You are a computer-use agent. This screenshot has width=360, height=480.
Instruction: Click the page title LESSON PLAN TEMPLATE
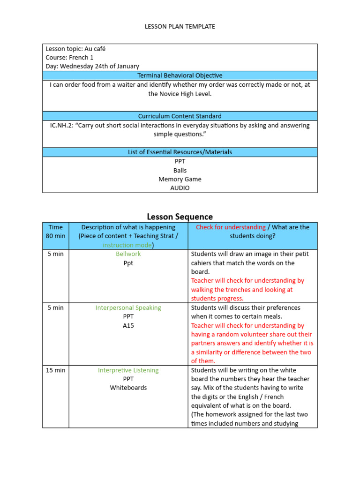pos(180,27)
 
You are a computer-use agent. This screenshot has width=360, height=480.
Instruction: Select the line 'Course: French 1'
pos(69,58)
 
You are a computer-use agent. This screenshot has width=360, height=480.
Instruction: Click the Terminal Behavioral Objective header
pos(180,75)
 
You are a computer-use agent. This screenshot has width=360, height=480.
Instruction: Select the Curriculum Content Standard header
pos(180,116)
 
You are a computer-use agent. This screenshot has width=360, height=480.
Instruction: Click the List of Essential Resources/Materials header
pos(180,152)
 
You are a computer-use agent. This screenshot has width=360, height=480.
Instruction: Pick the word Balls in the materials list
pos(180,171)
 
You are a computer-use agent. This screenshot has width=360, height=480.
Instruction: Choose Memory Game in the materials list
pos(180,180)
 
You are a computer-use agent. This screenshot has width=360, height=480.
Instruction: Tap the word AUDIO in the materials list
pos(180,188)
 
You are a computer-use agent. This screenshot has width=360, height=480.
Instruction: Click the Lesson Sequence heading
pos(180,217)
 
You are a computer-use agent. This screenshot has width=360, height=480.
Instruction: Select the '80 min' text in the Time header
pos(55,236)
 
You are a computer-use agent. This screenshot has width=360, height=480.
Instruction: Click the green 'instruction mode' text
pos(127,245)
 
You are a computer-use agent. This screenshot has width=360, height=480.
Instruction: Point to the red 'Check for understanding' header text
pos(231,227)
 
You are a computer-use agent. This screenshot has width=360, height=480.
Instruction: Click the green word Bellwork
pos(128,254)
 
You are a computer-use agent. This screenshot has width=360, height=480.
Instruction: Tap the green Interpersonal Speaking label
pos(128,308)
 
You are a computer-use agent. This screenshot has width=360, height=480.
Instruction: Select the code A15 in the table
pos(128,326)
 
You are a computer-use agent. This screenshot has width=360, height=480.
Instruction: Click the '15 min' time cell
pos(55,370)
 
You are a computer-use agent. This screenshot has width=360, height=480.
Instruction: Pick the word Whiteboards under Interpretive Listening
pos(128,388)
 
